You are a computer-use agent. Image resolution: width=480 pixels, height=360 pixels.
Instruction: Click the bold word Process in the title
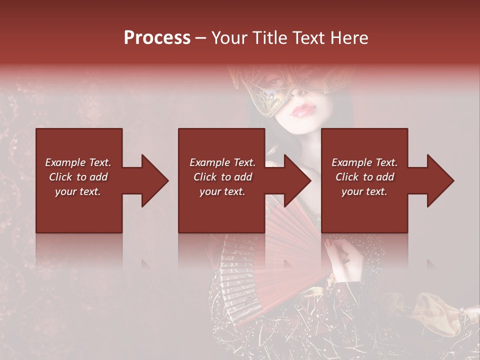[157, 38]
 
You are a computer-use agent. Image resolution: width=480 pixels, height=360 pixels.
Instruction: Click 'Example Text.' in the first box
[78, 162]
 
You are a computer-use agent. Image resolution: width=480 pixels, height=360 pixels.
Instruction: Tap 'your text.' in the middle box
[222, 191]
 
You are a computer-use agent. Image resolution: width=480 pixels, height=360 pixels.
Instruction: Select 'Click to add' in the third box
[364, 177]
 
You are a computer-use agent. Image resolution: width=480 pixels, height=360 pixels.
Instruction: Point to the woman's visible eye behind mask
[275, 80]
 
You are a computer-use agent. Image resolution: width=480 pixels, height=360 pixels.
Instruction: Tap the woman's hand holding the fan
[345, 260]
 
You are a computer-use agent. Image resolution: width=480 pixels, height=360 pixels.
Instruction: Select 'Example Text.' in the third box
[364, 162]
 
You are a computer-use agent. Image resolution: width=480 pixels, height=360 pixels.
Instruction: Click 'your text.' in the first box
[78, 191]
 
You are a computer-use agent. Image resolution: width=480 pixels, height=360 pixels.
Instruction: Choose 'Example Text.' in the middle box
[222, 162]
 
